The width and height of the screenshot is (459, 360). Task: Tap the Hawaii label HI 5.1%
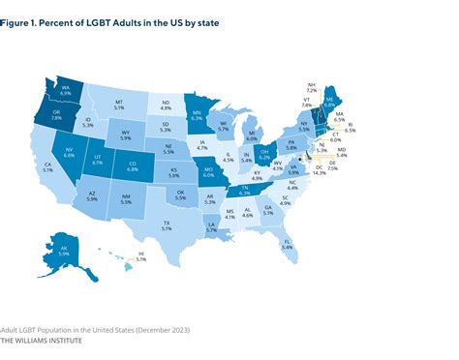[x=140, y=259]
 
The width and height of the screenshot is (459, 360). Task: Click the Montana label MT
[x=120, y=103]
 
